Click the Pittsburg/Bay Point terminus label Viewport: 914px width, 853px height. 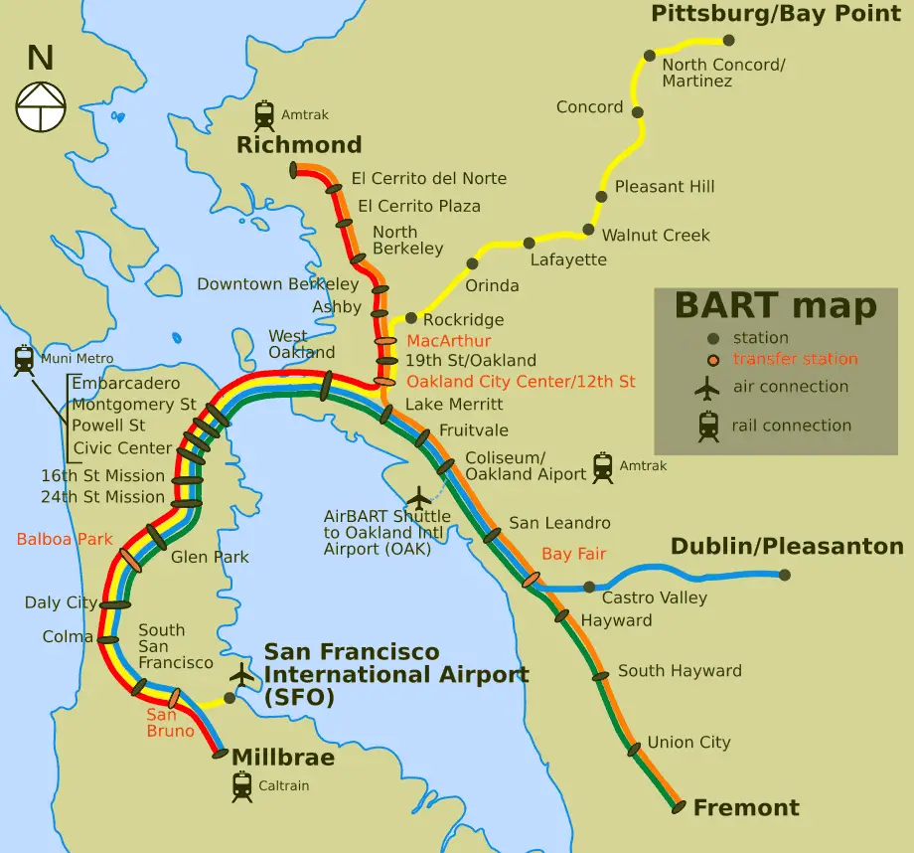click(775, 14)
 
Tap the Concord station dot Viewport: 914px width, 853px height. click(637, 112)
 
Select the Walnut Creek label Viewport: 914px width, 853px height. click(656, 236)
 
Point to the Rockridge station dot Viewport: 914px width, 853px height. click(410, 319)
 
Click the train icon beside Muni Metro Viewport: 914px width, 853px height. click(24, 359)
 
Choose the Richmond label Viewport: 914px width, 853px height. click(298, 145)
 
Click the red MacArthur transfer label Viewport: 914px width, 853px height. click(449, 341)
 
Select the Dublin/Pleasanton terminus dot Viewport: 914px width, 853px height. click(785, 575)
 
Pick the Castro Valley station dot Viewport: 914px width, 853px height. click(589, 587)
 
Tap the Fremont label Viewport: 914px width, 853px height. click(746, 807)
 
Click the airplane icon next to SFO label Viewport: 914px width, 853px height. click(241, 674)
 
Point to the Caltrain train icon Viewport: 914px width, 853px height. click(241, 786)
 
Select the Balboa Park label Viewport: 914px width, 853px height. click(55, 540)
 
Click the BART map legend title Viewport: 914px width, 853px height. click(775, 306)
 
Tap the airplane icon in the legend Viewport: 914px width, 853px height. click(707, 388)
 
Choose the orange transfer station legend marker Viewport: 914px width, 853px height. click(712, 360)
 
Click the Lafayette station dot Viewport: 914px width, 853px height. click(529, 243)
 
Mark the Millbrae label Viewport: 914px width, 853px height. click(282, 758)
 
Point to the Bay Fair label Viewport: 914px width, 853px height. click(573, 554)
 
